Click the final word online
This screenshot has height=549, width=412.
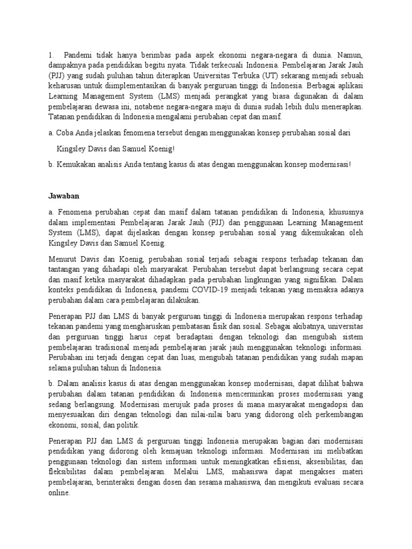pos(59,493)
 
